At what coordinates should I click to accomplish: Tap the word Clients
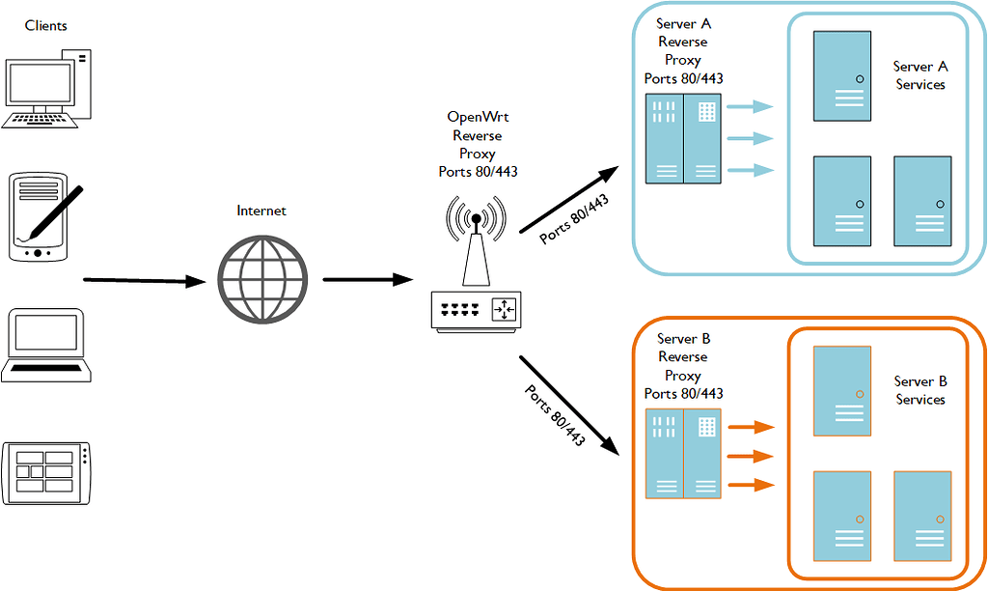pos(46,25)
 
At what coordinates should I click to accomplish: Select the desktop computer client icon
pos(48,88)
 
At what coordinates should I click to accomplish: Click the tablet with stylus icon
pos(39,216)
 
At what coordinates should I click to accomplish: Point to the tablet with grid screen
pos(48,473)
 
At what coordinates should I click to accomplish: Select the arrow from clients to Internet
pos(145,281)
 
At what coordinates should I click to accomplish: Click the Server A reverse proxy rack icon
pos(682,138)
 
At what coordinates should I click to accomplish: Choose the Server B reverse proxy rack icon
pos(682,453)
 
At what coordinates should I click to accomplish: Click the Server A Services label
pos(920,75)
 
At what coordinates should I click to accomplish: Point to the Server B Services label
pos(920,390)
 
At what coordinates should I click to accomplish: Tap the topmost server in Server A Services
pos(841,75)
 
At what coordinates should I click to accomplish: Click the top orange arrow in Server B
pos(752,427)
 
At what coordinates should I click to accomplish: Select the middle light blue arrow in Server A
pos(751,139)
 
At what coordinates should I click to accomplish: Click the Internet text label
pos(261,210)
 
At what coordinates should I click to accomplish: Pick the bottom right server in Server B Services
pos(921,516)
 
